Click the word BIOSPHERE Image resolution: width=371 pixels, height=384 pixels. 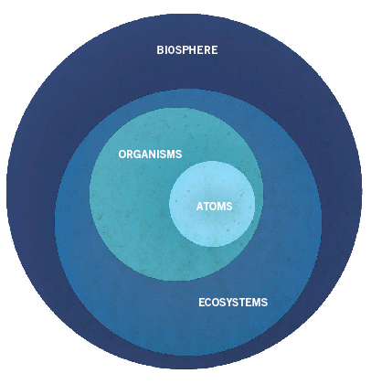click(x=187, y=50)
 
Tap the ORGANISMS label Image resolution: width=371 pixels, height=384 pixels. click(x=150, y=155)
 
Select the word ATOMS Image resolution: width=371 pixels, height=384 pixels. click(x=214, y=207)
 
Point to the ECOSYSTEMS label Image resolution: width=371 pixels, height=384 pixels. click(x=233, y=303)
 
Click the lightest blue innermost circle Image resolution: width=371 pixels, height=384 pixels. click(x=212, y=204)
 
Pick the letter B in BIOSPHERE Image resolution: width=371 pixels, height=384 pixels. click(x=160, y=50)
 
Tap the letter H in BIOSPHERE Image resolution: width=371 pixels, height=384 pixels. click(x=193, y=50)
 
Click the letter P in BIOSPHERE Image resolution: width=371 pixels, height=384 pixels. click(x=185, y=50)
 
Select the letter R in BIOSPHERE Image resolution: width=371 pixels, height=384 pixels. click(x=207, y=50)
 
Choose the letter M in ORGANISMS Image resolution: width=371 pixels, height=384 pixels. click(x=171, y=155)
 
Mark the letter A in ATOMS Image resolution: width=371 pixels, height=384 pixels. click(x=200, y=207)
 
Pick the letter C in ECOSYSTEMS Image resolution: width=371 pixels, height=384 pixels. click(x=208, y=303)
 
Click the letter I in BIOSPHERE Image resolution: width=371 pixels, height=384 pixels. click(x=164, y=50)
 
